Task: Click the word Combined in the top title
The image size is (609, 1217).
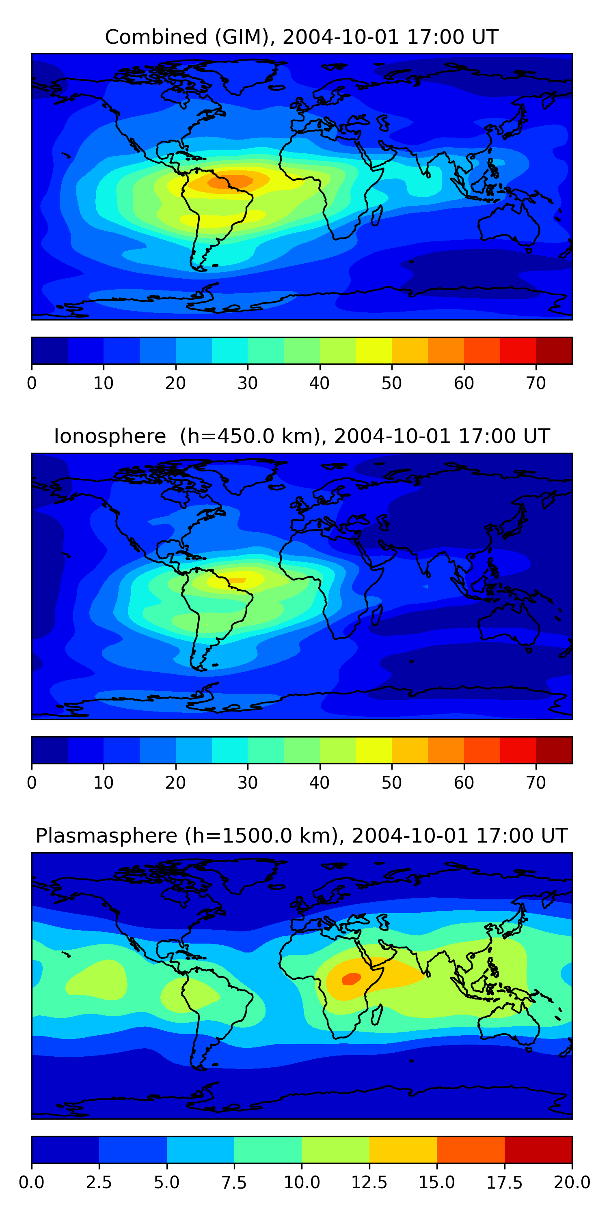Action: tap(156, 37)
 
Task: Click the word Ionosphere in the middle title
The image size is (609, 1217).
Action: tap(110, 436)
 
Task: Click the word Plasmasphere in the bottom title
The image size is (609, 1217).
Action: tap(106, 836)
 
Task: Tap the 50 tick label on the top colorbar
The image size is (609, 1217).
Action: tap(391, 383)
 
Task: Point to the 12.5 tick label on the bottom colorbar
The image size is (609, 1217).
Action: tap(369, 1183)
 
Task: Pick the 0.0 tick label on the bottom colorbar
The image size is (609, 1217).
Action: tap(32, 1183)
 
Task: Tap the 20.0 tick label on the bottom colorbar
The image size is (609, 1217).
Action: tap(572, 1183)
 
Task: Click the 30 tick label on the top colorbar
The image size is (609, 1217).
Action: tap(247, 383)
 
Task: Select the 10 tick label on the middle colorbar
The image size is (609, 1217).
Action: tap(104, 783)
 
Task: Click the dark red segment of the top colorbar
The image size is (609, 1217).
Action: tap(554, 350)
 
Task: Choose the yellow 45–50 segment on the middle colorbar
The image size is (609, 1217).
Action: tap(374, 750)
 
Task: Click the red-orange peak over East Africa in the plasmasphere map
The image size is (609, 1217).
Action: tap(351, 979)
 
